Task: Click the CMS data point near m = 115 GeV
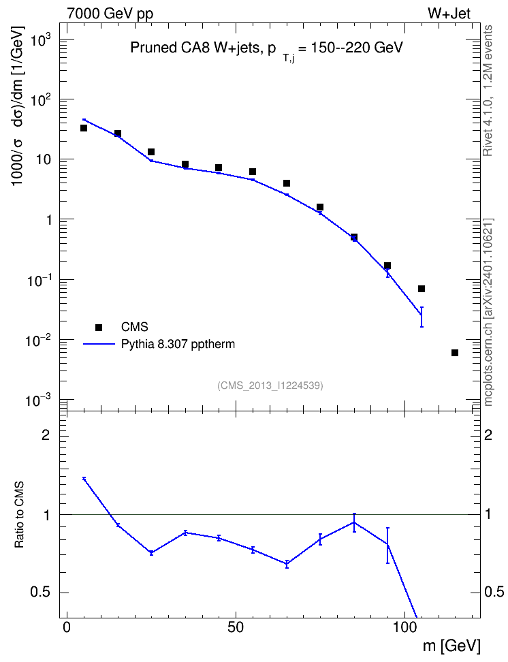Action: pyautogui.click(x=455, y=353)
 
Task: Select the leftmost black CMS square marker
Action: pyautogui.click(x=84, y=128)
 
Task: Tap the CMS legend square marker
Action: pyautogui.click(x=99, y=327)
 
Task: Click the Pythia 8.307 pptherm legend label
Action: pyautogui.click(x=178, y=344)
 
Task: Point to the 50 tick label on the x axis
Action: pyautogui.click(x=236, y=627)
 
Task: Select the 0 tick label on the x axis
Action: pyautogui.click(x=67, y=627)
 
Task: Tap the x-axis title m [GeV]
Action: pyautogui.click(x=451, y=646)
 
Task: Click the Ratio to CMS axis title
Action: pyautogui.click(x=19, y=515)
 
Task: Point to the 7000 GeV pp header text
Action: pyautogui.click(x=110, y=14)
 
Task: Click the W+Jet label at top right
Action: pyautogui.click(x=449, y=13)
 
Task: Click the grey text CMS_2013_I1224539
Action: pyautogui.click(x=270, y=385)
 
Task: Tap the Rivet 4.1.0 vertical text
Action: pyautogui.click(x=488, y=91)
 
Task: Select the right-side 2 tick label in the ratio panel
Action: pyautogui.click(x=488, y=435)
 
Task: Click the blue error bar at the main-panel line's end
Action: pyautogui.click(x=422, y=317)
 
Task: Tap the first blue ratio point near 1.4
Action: pyautogui.click(x=84, y=478)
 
